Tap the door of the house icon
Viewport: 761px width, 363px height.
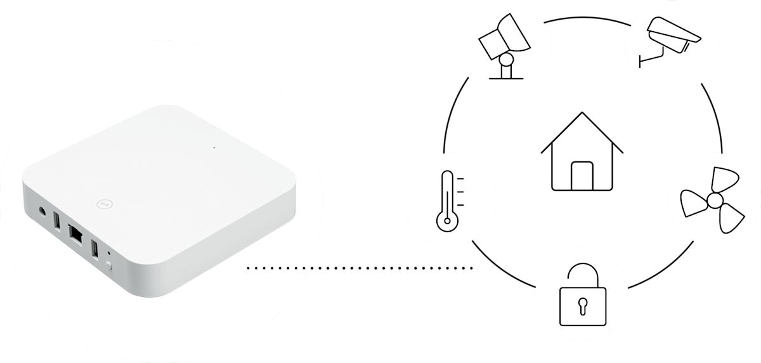(582, 176)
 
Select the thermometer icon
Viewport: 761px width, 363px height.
(448, 200)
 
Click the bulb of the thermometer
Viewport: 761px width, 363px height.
(446, 221)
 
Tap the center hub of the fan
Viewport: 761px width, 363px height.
(715, 201)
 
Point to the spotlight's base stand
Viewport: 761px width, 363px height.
(506, 71)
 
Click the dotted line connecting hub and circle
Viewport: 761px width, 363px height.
(360, 268)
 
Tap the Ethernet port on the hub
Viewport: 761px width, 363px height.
(75, 234)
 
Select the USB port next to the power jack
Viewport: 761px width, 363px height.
(57, 221)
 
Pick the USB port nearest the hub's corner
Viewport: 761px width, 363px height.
(94, 249)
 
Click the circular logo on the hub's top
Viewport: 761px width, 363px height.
(104, 204)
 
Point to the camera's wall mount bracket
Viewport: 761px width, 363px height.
(650, 59)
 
